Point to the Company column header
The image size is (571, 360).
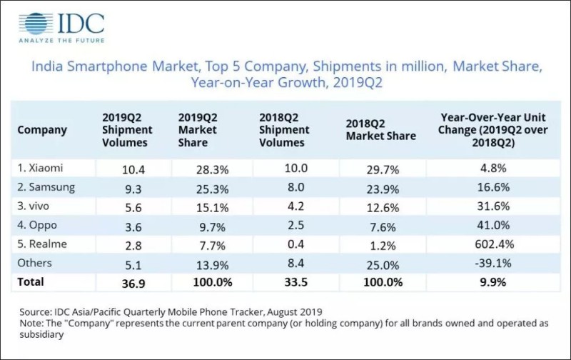tap(42, 130)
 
